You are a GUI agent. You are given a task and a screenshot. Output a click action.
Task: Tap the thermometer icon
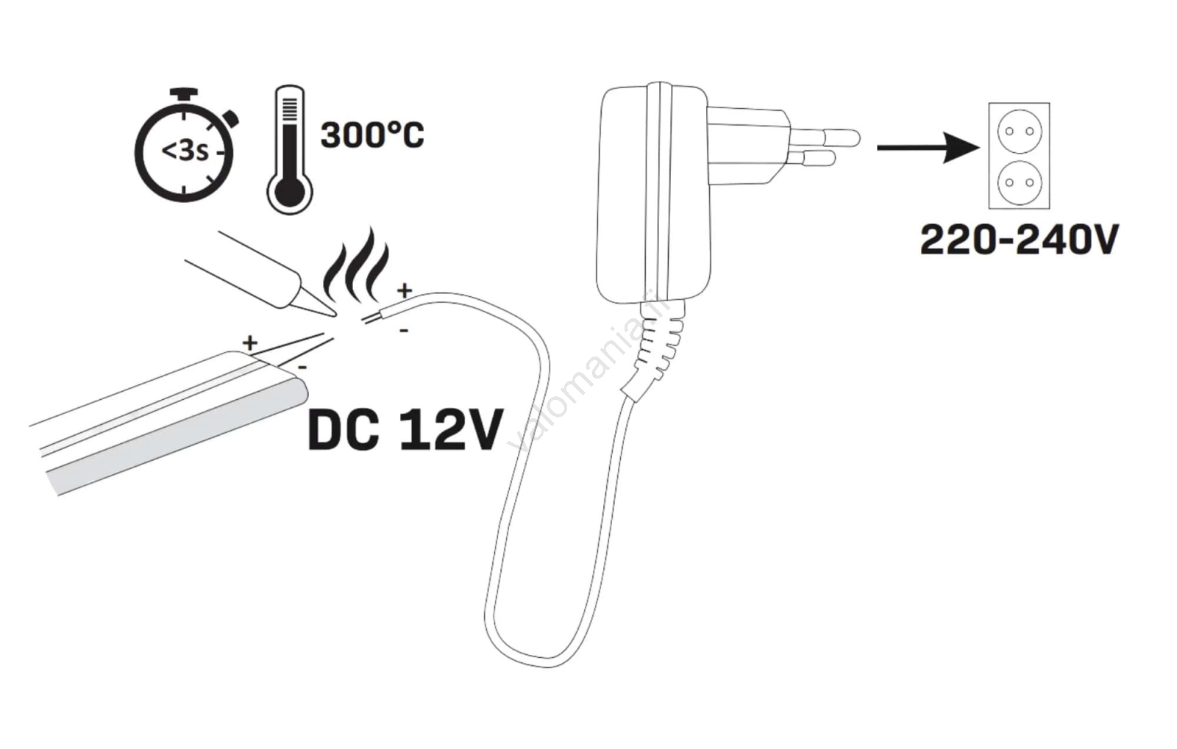pos(290,149)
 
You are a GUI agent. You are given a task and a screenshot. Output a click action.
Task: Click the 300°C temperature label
pos(372,136)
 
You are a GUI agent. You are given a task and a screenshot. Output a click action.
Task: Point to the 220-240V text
pos(1020,240)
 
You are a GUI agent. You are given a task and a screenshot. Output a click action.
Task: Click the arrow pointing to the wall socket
pos(928,147)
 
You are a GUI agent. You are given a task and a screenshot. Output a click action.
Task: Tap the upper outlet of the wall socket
pos(1019,132)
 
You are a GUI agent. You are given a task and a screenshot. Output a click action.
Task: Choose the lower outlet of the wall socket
pos(1019,181)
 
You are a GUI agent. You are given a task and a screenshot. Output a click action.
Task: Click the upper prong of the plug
pos(825,137)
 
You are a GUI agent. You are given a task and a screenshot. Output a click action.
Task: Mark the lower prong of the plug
pos(813,158)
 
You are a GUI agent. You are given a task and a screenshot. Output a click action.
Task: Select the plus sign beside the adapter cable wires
pos(404,290)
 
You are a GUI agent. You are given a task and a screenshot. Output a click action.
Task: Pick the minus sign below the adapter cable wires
pos(403,332)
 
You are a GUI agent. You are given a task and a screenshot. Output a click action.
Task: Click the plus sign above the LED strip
pos(250,342)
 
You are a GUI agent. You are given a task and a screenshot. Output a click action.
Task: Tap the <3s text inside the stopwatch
pos(185,151)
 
